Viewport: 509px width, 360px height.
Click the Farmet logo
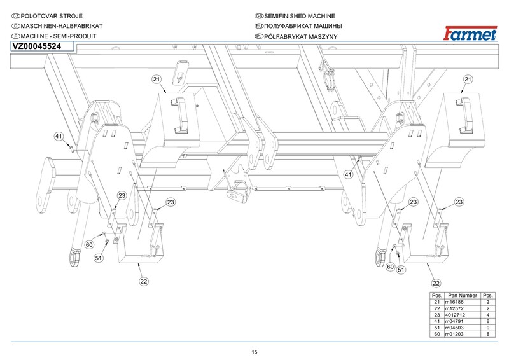coord(470,33)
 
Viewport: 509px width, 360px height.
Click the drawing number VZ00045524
coord(37,46)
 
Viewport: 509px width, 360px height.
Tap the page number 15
coord(254,352)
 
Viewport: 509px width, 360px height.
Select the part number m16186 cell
coord(463,302)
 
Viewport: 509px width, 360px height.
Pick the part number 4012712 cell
coord(463,315)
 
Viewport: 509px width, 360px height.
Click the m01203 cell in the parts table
coord(463,334)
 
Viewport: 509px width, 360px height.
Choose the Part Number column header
coord(463,296)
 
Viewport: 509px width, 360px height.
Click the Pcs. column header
coord(487,296)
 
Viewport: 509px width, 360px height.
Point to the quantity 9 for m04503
coord(487,328)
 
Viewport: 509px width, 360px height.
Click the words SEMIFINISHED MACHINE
coord(300,16)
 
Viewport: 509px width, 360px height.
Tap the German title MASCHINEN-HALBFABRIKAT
coord(62,26)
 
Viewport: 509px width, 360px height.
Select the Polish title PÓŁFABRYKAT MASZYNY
coord(300,37)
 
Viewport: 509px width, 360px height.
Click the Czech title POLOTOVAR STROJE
coord(52,16)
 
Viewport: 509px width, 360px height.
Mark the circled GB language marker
coord(259,16)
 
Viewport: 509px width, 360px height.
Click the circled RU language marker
coord(259,26)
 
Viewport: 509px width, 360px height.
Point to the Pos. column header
coord(437,296)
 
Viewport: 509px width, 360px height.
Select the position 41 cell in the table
coord(437,321)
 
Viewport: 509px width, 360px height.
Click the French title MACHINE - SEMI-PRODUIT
coord(59,36)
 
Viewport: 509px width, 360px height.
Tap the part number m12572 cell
coord(463,308)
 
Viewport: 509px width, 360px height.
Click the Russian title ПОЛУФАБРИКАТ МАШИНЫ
coord(303,26)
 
